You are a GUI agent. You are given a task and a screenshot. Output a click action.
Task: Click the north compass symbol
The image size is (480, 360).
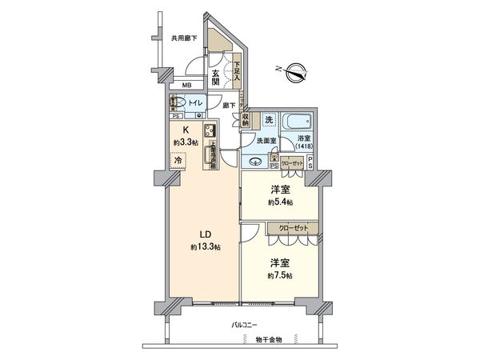[295, 70]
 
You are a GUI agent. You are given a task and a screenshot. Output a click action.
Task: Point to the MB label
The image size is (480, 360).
[186, 86]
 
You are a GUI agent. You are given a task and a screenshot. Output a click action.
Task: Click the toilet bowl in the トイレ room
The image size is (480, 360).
[179, 102]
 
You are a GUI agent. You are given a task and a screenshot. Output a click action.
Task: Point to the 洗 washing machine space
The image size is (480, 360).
[269, 120]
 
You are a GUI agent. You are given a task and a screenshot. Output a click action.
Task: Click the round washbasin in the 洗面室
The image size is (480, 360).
[257, 161]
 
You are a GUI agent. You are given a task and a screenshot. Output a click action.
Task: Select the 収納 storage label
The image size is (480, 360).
[246, 121]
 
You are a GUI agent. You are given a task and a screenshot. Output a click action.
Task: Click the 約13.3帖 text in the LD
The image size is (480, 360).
[206, 248]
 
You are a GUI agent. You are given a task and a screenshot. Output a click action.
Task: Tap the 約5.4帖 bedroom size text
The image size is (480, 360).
[279, 203]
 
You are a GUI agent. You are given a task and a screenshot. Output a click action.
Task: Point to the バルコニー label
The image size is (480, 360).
[245, 326]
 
